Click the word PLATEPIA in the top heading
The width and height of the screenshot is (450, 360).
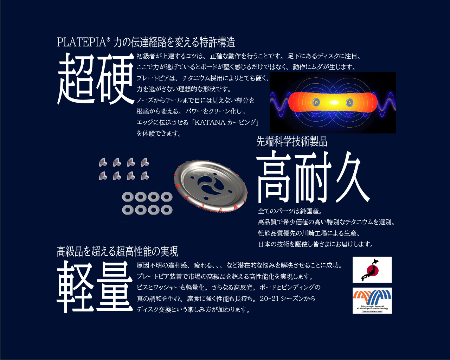pyautogui.click(x=81, y=42)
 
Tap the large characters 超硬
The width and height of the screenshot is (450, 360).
pyautogui.click(x=96, y=79)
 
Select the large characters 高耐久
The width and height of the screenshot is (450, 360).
pyautogui.click(x=313, y=178)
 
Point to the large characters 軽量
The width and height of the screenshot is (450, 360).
pyautogui.click(x=95, y=287)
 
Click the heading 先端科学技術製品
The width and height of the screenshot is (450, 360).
pyautogui.click(x=291, y=141)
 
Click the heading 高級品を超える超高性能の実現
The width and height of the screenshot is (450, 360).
pyautogui.click(x=117, y=251)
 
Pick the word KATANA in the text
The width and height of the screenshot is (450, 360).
pyautogui.click(x=210, y=122)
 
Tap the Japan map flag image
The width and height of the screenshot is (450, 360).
pyautogui.click(x=372, y=270)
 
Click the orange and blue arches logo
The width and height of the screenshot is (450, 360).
pyautogui.click(x=372, y=298)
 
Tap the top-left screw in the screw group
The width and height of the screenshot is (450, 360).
pyautogui.click(x=103, y=162)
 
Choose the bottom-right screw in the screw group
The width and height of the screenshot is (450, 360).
pyautogui.click(x=144, y=175)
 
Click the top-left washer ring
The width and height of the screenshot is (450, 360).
pyautogui.click(x=127, y=197)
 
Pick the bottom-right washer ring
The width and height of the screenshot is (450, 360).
pyautogui.click(x=166, y=210)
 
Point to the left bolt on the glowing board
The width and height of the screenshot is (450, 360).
pyautogui.click(x=316, y=102)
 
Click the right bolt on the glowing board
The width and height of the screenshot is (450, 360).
pyautogui.click(x=349, y=102)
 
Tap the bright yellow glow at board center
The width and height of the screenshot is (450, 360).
pyautogui.click(x=334, y=103)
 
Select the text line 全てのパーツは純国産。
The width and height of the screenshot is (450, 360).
pyautogui.click(x=290, y=211)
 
